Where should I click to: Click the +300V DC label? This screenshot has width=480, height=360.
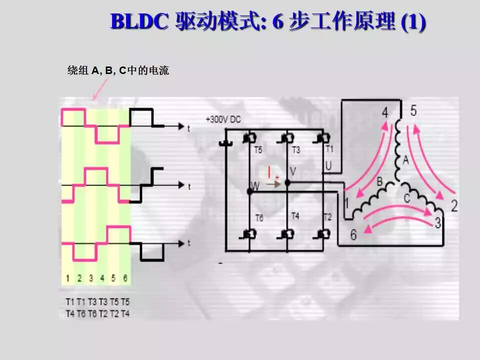(x=223, y=119)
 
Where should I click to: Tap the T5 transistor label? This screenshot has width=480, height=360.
(x=257, y=150)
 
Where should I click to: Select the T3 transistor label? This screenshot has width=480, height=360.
(x=295, y=150)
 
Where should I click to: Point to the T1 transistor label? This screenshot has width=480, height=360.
(x=329, y=149)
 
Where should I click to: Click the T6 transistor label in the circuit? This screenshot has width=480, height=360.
(x=259, y=218)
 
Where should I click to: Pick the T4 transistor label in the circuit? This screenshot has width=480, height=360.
(x=295, y=216)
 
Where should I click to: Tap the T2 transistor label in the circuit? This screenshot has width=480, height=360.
(x=327, y=216)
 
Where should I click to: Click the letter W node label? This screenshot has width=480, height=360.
(x=255, y=186)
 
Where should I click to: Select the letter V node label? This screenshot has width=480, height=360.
(x=293, y=171)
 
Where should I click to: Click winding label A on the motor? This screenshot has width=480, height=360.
(x=406, y=160)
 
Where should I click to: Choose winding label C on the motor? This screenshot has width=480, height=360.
(x=407, y=198)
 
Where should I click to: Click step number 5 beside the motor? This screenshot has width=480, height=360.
(x=413, y=110)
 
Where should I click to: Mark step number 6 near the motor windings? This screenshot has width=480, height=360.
(x=353, y=234)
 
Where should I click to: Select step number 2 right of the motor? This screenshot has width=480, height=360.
(x=454, y=205)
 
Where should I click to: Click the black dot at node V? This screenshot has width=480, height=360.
(x=287, y=183)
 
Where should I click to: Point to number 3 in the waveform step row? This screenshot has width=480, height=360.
(x=91, y=278)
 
